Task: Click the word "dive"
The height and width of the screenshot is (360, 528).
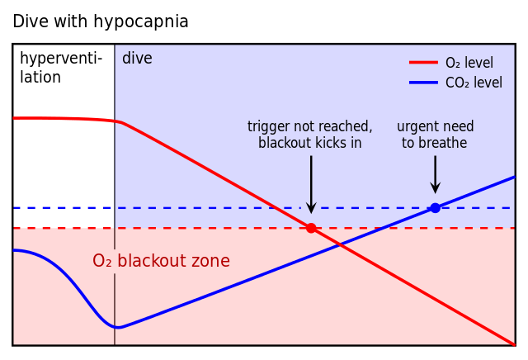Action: pyautogui.click(x=137, y=59)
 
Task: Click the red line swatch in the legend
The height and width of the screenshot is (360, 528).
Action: pyautogui.click(x=423, y=63)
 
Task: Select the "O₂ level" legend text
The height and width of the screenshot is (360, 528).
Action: pyautogui.click(x=469, y=64)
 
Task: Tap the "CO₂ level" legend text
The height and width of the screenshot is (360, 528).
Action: pyautogui.click(x=474, y=83)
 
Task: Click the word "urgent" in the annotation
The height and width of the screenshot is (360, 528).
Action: pyautogui.click(x=417, y=127)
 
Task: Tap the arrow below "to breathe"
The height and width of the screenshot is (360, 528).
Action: pyautogui.click(x=435, y=174)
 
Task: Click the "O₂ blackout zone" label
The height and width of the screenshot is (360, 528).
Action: pyautogui.click(x=161, y=262)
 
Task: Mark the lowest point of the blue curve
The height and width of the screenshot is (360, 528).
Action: pyautogui.click(x=116, y=328)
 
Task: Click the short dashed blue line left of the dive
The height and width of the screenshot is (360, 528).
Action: pyautogui.click(x=63, y=208)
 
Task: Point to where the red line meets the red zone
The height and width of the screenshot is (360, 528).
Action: pyautogui.click(x=311, y=226)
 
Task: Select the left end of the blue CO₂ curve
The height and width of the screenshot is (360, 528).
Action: pyautogui.click(x=15, y=250)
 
